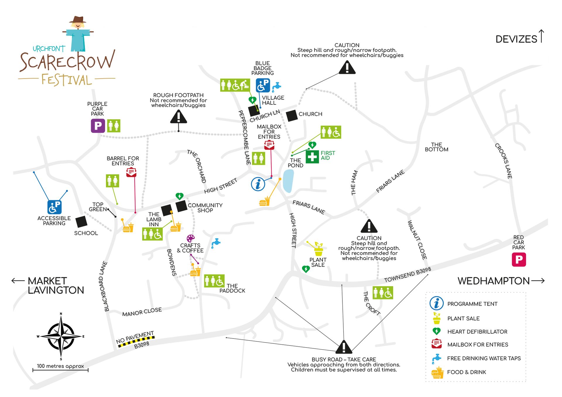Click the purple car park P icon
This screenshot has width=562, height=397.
coord(98,126)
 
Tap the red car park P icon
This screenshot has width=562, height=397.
coord(519,259)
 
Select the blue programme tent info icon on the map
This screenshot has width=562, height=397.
coord(258,184)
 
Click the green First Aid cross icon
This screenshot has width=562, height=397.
coord(312,157)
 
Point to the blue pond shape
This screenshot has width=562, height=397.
coord(288,181)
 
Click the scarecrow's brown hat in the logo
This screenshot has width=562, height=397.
coord(78,20)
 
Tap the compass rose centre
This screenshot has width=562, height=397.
coord(61,336)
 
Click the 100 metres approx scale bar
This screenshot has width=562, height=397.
coord(60,370)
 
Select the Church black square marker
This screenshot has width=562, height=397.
coord(292,116)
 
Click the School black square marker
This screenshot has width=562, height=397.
coord(81,222)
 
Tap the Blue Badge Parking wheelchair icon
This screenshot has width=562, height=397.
coord(263,85)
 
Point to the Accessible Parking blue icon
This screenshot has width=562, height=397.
coord(54,207)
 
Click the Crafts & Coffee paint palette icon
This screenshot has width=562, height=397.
coord(191,238)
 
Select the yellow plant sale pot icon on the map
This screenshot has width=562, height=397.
coord(318,249)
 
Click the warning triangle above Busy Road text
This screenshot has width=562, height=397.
coord(344,347)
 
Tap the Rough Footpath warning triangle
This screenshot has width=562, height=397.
coord(179,117)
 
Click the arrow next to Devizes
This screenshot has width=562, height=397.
coord(542,36)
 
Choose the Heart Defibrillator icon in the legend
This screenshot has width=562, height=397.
coord(436,331)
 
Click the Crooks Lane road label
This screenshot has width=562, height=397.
coord(503,161)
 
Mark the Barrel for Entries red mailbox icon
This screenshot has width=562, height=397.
coord(131,172)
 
